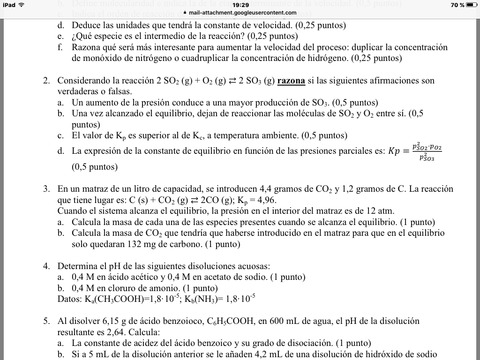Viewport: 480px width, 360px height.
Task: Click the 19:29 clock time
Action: [240, 5]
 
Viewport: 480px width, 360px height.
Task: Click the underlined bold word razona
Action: [291, 81]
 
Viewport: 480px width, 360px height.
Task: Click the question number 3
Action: [46, 189]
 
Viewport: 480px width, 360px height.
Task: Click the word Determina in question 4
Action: [77, 266]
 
